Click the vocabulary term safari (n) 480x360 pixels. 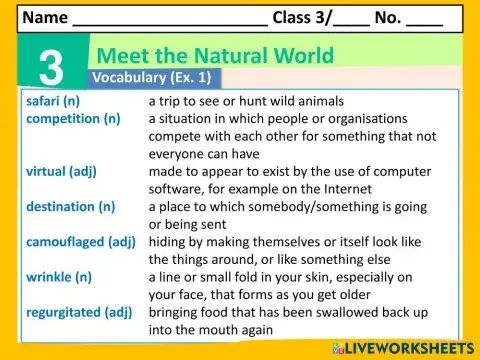[x=56, y=101]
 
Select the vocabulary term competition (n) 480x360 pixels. [x=73, y=119]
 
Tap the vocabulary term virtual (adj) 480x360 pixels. [x=61, y=171]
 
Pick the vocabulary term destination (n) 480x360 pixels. [x=70, y=207]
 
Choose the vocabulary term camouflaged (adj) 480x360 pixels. [x=80, y=242]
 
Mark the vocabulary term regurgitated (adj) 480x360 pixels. [x=80, y=312]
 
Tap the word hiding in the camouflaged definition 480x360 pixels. [x=169, y=242]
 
